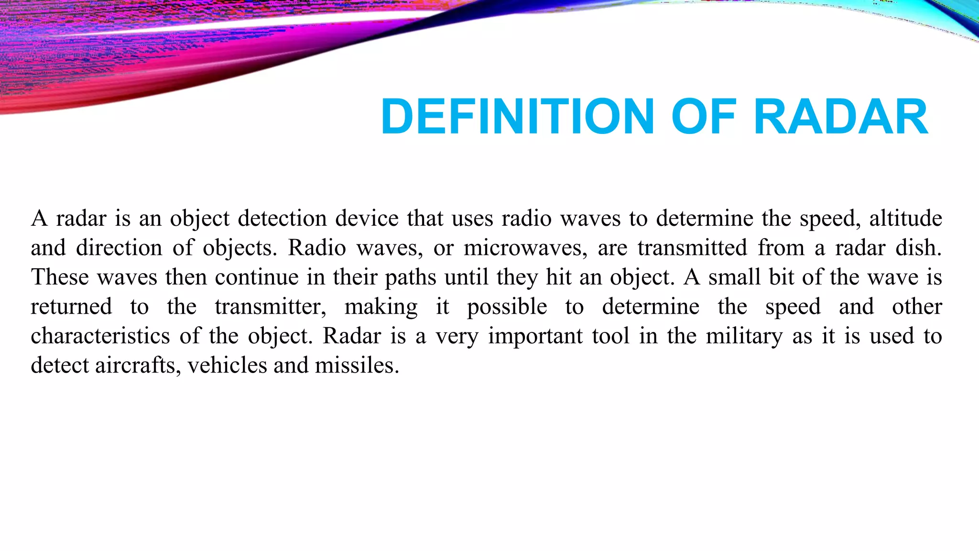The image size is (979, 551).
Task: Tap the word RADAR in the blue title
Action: (841, 117)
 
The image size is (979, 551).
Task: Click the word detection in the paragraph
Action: (282, 219)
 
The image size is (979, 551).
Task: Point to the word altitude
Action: (905, 219)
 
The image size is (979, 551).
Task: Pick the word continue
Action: (257, 277)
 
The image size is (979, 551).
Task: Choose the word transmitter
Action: (270, 307)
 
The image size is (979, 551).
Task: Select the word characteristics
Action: (100, 336)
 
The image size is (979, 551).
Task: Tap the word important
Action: (535, 337)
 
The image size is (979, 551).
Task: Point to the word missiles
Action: (357, 366)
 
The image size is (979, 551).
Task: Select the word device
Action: (367, 219)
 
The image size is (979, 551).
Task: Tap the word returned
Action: (72, 307)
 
